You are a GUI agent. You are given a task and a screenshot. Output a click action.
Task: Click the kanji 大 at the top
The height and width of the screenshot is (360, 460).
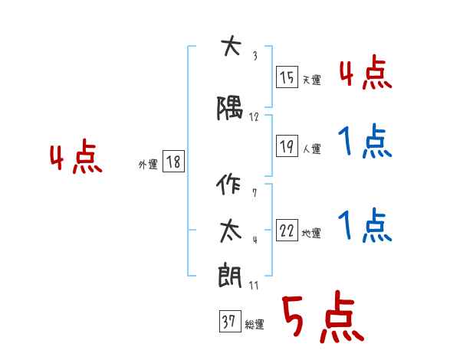click(232, 45)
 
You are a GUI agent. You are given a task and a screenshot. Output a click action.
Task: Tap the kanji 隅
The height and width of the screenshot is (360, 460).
click(230, 108)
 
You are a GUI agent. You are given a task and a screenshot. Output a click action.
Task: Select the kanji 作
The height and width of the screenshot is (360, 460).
click(228, 184)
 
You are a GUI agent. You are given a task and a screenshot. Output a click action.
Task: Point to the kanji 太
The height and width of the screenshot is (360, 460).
click(231, 231)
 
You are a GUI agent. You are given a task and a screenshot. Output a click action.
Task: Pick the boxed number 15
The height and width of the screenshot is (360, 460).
click(287, 77)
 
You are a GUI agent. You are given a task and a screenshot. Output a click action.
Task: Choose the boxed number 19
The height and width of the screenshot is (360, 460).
click(287, 146)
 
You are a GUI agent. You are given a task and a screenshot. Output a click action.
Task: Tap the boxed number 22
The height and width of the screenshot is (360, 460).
click(287, 231)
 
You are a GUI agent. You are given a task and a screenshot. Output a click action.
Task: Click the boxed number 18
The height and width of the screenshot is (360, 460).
click(173, 162)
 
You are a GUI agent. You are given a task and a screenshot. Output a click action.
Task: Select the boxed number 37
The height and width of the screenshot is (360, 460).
click(230, 321)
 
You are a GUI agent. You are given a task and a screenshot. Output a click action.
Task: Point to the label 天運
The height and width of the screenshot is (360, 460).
click(312, 80)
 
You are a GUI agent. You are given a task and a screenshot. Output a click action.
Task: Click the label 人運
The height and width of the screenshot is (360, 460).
click(312, 149)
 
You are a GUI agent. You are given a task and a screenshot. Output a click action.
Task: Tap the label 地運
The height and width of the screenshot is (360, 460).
click(311, 233)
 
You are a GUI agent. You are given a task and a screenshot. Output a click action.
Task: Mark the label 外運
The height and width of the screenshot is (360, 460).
click(148, 165)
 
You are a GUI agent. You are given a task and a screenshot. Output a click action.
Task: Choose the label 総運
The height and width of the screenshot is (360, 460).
click(255, 324)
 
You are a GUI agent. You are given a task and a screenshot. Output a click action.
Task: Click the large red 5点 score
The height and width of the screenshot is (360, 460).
click(324, 316)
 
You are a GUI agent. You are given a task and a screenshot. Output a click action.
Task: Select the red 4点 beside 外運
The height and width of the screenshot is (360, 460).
click(76, 156)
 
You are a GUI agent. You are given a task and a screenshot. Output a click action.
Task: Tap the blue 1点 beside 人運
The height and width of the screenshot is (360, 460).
click(365, 141)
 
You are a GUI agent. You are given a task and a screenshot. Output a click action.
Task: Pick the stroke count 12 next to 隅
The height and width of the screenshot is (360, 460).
click(254, 117)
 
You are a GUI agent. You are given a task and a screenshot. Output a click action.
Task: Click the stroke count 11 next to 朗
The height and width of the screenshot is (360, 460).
click(254, 286)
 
